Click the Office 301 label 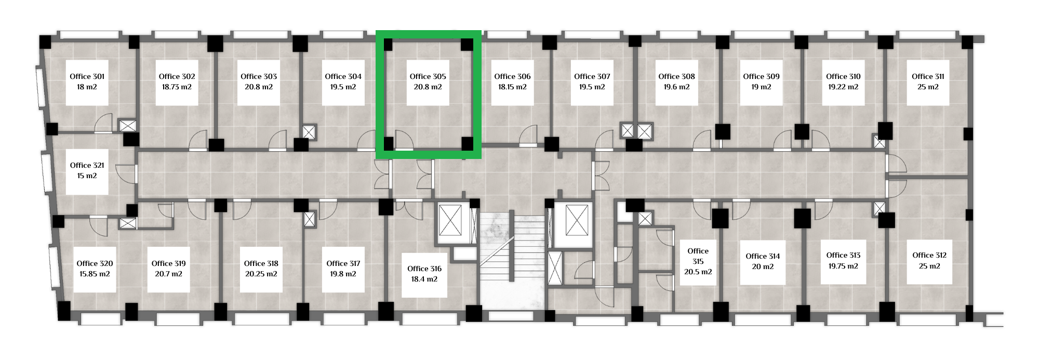click(x=87, y=76)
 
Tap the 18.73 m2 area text click(x=177, y=87)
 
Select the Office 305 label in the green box click(x=428, y=76)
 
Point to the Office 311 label click(x=928, y=76)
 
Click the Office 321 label click(x=87, y=165)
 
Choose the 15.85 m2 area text click(x=95, y=274)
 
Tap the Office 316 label click(x=424, y=269)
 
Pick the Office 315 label click(x=698, y=256)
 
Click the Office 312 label click(x=929, y=255)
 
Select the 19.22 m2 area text click(x=843, y=87)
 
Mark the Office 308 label click(x=676, y=76)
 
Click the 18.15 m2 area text click(x=512, y=87)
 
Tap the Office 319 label click(x=169, y=263)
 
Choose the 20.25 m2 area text click(x=261, y=274)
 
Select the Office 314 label click(x=763, y=256)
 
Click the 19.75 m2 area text click(x=843, y=266)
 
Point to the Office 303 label click(x=259, y=76)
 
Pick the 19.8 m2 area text click(x=343, y=274)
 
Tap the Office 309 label click(x=761, y=76)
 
